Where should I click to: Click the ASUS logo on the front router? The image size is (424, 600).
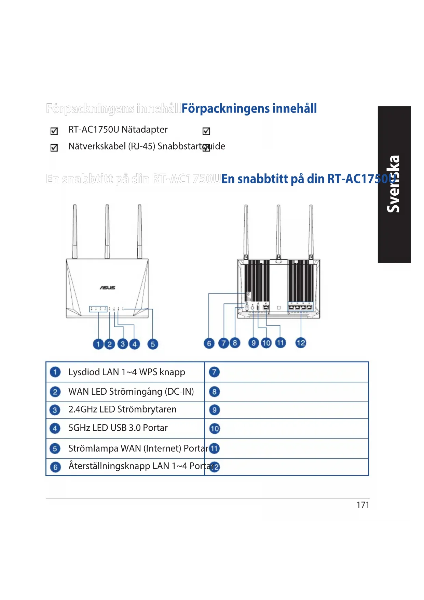coord(107,288)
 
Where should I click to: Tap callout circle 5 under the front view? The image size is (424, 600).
coord(153,344)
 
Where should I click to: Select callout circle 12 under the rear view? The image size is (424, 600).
coord(301,343)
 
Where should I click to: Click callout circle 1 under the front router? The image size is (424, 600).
coord(98,344)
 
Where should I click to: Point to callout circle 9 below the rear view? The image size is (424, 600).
coord(253,343)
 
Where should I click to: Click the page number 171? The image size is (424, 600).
coord(363,505)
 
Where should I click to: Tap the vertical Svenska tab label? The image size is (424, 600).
coord(394,184)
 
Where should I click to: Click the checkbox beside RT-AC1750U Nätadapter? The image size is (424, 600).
coord(54,131)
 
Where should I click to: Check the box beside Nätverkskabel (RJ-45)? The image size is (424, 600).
coord(54,148)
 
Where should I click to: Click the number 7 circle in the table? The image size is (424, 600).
coord(214,372)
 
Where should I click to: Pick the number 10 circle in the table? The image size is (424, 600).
coord(215,429)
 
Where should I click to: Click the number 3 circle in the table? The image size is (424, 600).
coord(55,410)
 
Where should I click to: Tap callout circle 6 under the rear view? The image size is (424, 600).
coord(209,343)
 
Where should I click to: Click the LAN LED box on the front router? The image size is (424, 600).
coord(98,309)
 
